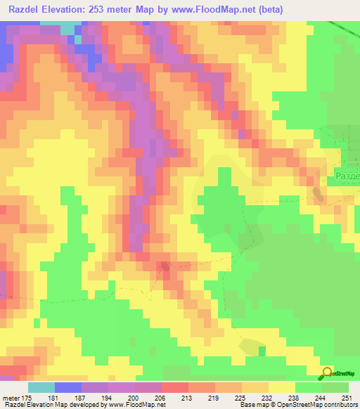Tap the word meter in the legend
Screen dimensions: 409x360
[x=11, y=397]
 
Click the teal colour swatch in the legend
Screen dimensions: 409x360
[x=41, y=387]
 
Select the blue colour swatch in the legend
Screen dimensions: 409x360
[x=67, y=387]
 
